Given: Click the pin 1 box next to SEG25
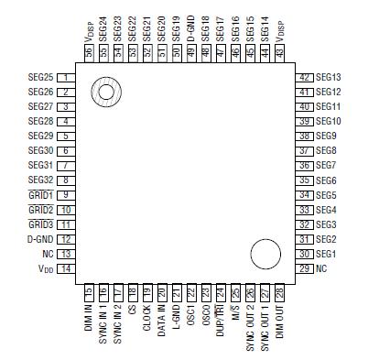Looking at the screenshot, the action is coord(66,78).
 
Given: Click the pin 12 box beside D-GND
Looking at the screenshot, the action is coord(66,239).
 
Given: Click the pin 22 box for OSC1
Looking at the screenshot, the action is coord(190,291).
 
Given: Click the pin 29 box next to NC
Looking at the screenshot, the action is coord(305,268).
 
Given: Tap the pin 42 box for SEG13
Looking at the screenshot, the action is coord(305,78).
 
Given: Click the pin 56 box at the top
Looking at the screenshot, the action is coord(88,54).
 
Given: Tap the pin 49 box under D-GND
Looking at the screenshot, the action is coord(190,54).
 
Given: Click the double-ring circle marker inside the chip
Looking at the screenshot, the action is coord(105,91).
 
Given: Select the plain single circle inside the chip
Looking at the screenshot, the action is coord(265,255).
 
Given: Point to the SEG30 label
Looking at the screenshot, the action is coord(40,151).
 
